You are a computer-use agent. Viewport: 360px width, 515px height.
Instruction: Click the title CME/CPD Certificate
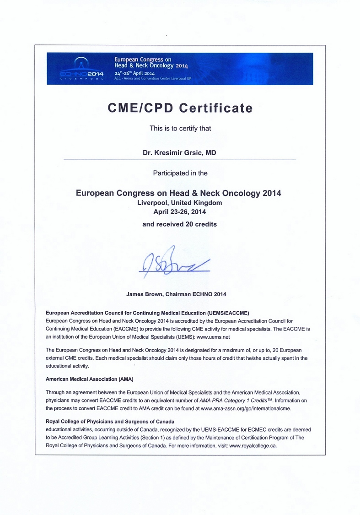(180, 108)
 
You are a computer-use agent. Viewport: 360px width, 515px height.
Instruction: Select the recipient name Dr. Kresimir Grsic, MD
(180, 152)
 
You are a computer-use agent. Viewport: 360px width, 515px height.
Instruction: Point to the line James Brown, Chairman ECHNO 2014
(176, 294)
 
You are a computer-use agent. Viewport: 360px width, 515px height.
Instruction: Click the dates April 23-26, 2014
(180, 212)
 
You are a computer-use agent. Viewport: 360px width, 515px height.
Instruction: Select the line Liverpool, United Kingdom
(180, 203)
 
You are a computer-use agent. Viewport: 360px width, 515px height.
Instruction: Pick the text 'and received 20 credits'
(180, 224)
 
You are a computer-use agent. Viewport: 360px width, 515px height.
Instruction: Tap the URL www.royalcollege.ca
(253, 445)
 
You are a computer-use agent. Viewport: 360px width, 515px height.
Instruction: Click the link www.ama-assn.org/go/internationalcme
(246, 407)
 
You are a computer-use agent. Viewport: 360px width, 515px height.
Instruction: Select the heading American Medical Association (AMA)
(90, 379)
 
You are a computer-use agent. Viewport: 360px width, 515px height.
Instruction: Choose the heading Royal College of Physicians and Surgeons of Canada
(110, 421)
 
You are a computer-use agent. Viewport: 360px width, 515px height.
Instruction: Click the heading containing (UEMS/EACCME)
(147, 313)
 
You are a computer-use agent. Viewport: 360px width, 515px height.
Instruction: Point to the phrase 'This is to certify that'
(180, 128)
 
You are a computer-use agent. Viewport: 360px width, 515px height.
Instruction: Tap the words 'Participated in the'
(180, 173)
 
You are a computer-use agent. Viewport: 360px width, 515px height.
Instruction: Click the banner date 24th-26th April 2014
(134, 73)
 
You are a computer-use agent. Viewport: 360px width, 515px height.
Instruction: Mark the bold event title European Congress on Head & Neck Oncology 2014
(178, 193)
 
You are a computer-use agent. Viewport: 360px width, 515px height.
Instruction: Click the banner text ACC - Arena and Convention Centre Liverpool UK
(152, 79)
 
